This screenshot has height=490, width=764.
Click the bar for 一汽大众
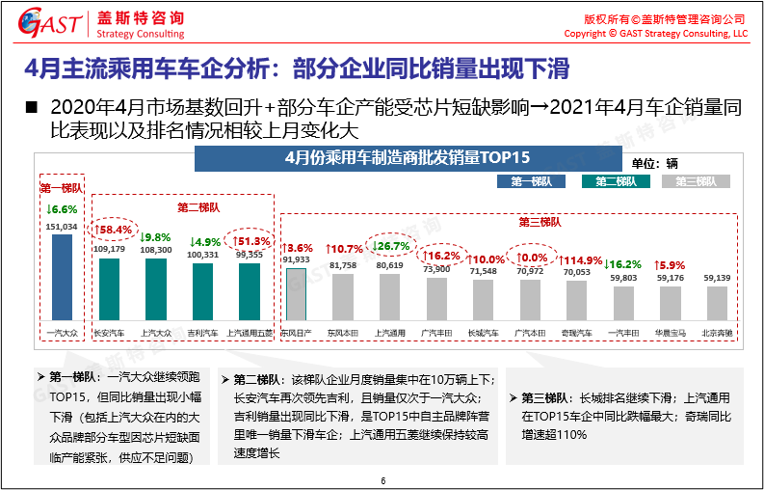[x=62, y=276]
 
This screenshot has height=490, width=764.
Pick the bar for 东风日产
[x=295, y=294]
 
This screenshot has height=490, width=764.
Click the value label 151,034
[x=62, y=227]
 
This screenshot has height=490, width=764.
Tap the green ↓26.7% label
[x=390, y=246]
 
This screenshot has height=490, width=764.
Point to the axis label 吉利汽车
[x=202, y=333]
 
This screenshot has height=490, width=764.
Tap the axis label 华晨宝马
[x=670, y=333]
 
